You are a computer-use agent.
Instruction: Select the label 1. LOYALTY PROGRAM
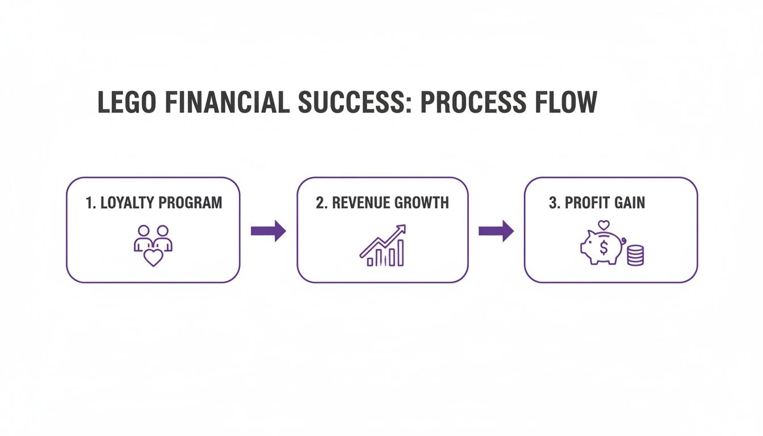(153, 203)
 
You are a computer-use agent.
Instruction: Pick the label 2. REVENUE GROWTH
(382, 203)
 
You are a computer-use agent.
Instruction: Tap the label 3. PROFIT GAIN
(597, 203)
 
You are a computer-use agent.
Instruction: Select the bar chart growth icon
(383, 246)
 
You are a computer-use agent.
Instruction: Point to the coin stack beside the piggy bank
(635, 256)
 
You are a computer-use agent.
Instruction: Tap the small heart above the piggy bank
(604, 225)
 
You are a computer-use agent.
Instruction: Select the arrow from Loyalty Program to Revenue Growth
(268, 230)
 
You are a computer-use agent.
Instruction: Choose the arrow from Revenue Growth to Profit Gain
(496, 230)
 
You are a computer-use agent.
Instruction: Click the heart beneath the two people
(153, 257)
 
